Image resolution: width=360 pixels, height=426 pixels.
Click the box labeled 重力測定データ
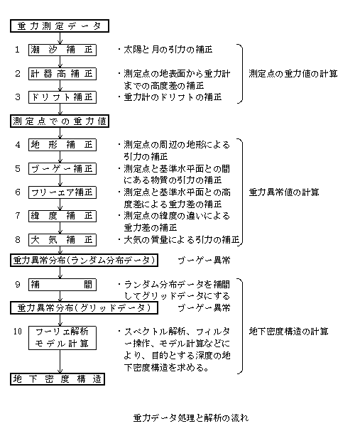coord(60,26)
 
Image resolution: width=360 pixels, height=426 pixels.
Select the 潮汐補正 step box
coord(62,50)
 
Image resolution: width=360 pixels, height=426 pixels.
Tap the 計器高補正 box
coord(62,74)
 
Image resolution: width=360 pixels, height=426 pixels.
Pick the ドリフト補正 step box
coord(62,97)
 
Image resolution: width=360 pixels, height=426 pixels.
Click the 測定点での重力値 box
coord(60,121)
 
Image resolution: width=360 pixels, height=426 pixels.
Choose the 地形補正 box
coord(62,145)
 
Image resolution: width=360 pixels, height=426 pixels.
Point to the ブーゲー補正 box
coord(62,169)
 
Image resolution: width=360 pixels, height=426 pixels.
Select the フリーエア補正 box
coord(62,192)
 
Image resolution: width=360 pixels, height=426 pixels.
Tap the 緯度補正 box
coord(62,216)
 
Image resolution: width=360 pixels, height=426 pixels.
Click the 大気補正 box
coord(62,240)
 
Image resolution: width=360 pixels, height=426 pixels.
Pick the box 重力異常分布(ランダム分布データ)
coord(84,261)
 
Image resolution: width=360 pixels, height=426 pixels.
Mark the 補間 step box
coord(62,285)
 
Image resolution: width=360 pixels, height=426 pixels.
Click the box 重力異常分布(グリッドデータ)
coord(84,307)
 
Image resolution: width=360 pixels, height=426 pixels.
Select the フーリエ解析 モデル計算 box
coord(62,338)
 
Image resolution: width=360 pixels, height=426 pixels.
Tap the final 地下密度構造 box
coord(58,378)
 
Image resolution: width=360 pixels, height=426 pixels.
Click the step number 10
coord(18,332)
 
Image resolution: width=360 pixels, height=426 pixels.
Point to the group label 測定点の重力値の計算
coord(293,74)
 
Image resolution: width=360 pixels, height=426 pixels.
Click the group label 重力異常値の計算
coord(284,192)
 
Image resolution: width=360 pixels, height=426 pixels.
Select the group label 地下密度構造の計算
coord(288,332)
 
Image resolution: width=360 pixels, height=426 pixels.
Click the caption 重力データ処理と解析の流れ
coord(191,417)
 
